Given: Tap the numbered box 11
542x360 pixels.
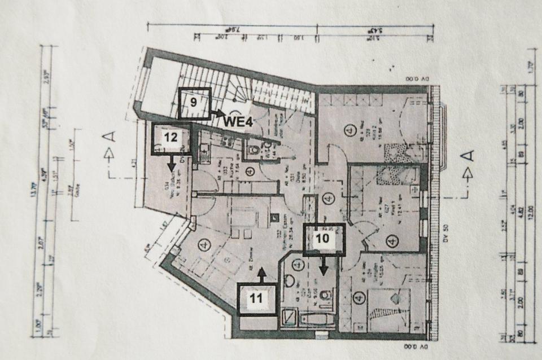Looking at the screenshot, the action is pyautogui.click(x=257, y=298).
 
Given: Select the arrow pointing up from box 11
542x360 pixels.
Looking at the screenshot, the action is pyautogui.click(x=261, y=274).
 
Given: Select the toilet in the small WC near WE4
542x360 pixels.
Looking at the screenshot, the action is pyautogui.click(x=255, y=150).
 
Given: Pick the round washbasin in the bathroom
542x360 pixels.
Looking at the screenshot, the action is pyautogui.click(x=289, y=280).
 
